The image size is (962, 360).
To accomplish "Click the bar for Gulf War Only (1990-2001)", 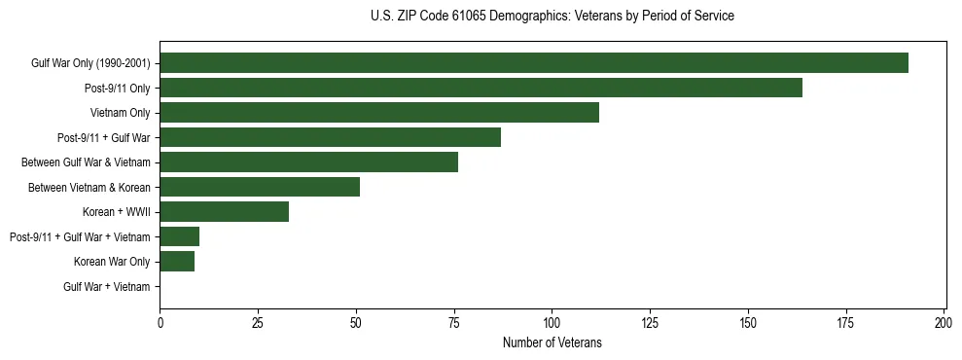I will [x=534, y=63].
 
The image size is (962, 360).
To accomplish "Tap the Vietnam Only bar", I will [x=379, y=113].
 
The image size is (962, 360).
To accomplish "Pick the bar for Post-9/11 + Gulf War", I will [x=330, y=137].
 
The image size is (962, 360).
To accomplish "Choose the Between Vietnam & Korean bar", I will [x=260, y=187].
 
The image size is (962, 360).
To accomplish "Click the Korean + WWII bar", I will [x=224, y=212].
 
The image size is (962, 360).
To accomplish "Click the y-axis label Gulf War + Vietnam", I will [x=106, y=286].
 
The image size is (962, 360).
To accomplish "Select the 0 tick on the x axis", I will [x=160, y=322].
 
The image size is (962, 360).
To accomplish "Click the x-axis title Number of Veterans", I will [x=552, y=342].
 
